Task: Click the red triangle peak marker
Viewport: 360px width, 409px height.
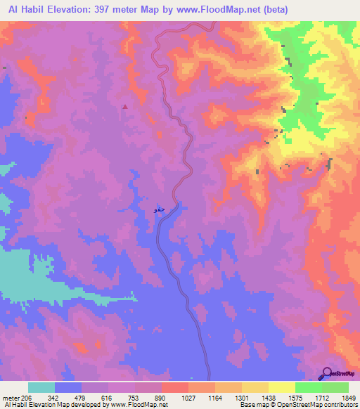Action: click(125, 107)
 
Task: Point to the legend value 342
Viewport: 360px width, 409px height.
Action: click(63, 397)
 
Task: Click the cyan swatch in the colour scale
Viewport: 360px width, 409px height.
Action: click(41, 387)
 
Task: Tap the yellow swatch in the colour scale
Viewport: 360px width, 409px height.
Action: click(281, 387)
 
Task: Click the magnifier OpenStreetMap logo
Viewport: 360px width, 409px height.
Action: click(327, 373)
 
